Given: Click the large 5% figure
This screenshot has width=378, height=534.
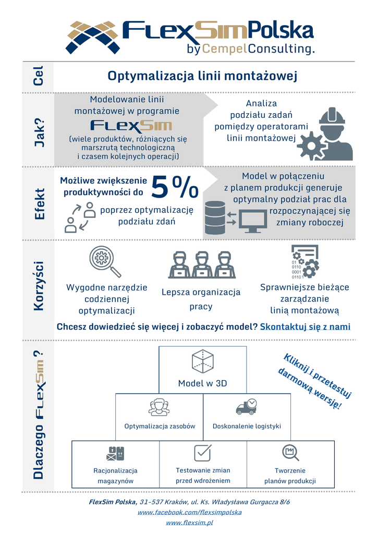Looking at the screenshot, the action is (175, 187).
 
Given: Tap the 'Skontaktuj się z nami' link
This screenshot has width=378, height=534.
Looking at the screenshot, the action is (305, 326).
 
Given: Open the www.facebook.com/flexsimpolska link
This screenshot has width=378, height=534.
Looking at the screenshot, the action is (189, 512).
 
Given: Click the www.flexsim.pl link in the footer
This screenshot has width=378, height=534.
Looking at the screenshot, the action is (189, 523).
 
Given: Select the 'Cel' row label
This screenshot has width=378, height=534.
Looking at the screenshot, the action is (38, 76).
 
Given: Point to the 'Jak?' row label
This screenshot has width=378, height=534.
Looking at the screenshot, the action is (40, 132).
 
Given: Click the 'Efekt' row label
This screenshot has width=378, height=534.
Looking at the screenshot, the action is (40, 204).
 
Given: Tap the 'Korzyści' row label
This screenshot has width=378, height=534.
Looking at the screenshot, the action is (39, 286).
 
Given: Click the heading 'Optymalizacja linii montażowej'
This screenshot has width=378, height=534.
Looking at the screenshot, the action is (202, 76).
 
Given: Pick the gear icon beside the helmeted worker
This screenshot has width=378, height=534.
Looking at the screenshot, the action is (310, 145).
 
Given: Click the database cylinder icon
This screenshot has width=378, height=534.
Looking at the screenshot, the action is (215, 217).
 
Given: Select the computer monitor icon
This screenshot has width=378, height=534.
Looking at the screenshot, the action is (253, 221).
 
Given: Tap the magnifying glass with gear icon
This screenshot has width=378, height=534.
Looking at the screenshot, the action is (105, 261).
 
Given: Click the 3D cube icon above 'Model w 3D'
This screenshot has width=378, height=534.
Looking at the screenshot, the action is (203, 361).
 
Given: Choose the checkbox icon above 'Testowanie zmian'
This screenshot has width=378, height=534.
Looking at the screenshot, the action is (203, 453).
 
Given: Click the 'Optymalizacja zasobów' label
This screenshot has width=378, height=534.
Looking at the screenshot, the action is (160, 426).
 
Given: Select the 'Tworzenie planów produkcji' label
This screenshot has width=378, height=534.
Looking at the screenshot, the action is (290, 476).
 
